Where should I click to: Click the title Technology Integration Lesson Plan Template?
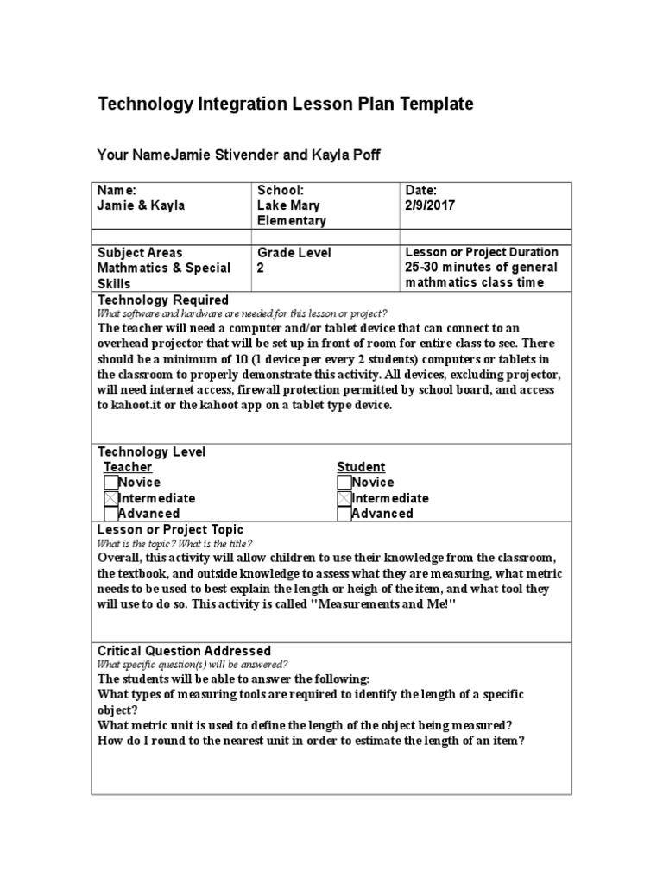point(286,104)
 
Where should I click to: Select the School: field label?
point(281,190)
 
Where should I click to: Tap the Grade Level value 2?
point(261,268)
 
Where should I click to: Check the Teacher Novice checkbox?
point(110,483)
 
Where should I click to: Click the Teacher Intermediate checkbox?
point(110,498)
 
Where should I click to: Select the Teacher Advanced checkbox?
point(110,514)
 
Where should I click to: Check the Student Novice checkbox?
point(344,483)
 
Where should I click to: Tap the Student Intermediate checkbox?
point(344,498)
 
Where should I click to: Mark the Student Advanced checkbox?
point(344,514)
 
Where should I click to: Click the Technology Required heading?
point(162,300)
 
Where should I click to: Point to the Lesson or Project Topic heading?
point(170,529)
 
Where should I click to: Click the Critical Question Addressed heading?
point(184,651)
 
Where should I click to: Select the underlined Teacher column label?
point(128,467)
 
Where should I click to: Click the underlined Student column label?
point(361,467)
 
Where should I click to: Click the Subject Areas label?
point(140,252)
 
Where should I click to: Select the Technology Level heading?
point(151,452)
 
